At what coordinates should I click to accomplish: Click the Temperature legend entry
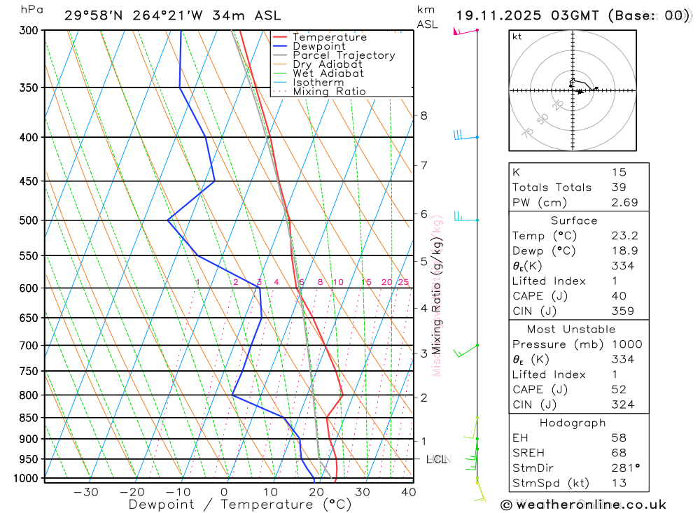[329, 37]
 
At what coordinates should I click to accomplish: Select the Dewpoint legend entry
[318, 46]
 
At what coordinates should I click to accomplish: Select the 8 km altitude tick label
[424, 115]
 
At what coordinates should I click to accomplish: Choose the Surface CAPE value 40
[619, 296]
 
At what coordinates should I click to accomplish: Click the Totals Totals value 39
[619, 187]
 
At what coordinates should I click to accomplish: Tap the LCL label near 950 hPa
[437, 460]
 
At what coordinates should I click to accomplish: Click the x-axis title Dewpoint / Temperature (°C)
[240, 504]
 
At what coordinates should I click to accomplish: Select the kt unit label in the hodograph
[517, 36]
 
